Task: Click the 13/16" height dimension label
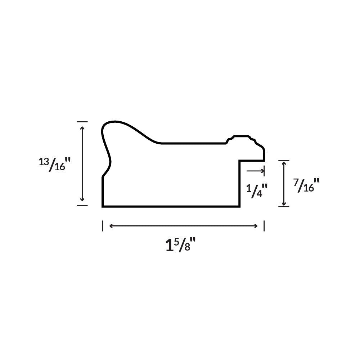coord(54,163)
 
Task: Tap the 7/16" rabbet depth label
coord(306,185)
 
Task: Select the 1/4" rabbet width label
coord(257,191)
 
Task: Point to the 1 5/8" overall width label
coord(180,245)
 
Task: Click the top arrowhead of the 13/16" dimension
coord(82,128)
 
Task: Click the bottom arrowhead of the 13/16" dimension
coord(82,199)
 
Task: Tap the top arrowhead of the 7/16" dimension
coord(284,163)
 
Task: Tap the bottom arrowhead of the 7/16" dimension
coord(284,204)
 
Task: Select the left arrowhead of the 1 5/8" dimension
coord(111,226)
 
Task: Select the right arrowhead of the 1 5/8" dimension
coord(256,226)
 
